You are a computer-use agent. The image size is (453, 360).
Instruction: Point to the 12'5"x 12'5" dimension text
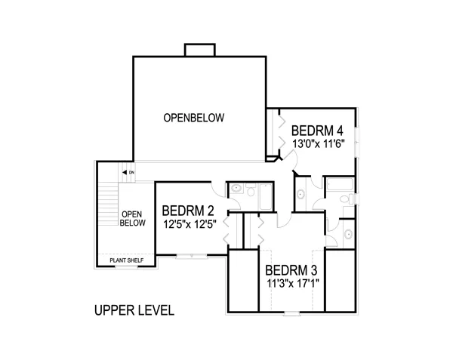pyautogui.click(x=188, y=224)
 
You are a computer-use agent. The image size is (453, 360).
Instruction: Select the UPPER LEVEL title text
pyautogui.click(x=134, y=310)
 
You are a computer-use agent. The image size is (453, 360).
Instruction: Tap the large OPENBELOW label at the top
pyautogui.click(x=195, y=118)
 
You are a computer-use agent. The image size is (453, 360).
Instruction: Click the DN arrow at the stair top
pyautogui.click(x=128, y=173)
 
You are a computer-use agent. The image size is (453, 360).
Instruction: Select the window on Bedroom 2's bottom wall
pyautogui.click(x=190, y=256)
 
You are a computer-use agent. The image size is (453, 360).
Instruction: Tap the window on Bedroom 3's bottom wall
pyautogui.click(x=291, y=312)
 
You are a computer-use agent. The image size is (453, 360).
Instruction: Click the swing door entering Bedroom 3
pyautogui.click(x=283, y=220)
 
